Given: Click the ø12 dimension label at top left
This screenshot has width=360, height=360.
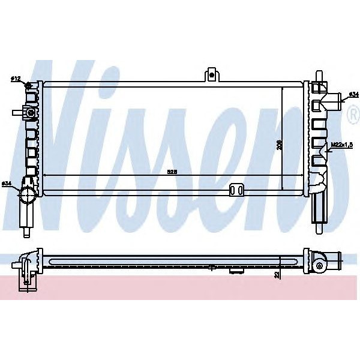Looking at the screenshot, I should [16, 79].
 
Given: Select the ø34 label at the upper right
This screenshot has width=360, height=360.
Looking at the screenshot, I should [353, 95].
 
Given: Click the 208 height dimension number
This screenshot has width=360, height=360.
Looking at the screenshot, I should [280, 145].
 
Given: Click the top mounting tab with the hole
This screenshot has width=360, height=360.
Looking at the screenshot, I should [211, 75].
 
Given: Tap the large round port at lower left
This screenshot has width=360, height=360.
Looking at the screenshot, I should [28, 194].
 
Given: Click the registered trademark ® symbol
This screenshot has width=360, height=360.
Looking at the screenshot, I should [353, 118].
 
